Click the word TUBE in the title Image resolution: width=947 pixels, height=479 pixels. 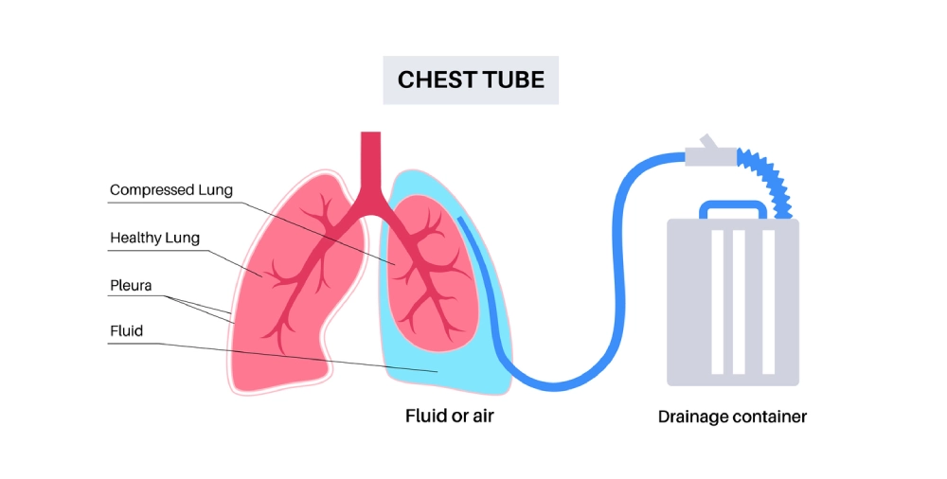click(x=514, y=80)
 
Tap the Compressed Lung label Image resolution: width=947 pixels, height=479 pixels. click(x=170, y=190)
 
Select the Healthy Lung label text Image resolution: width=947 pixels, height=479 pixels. click(x=154, y=238)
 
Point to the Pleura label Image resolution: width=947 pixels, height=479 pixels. click(x=131, y=284)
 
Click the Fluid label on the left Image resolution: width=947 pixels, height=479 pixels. click(x=126, y=331)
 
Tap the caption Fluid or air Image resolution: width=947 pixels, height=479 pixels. click(x=450, y=417)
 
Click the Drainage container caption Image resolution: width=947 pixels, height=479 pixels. click(x=733, y=417)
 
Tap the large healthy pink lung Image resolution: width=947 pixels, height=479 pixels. click(x=284, y=284)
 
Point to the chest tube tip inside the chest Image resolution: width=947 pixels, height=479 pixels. click(x=461, y=221)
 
